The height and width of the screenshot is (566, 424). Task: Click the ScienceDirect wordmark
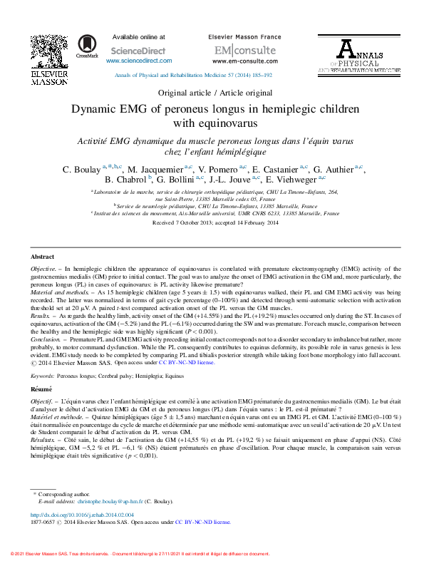pos(139,51)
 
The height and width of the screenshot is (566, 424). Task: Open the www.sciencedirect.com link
pos(139,61)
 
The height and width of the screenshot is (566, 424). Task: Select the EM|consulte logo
pos(245,50)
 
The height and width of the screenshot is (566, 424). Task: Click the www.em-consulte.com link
pos(245,61)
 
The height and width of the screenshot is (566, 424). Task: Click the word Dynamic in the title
pos(97,110)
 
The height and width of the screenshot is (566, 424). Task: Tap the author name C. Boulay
pos(81,170)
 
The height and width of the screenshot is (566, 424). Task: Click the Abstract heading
pos(42,256)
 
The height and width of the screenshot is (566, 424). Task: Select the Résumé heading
pos(41,390)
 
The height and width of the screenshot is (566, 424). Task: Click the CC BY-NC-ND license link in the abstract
pos(187,362)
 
